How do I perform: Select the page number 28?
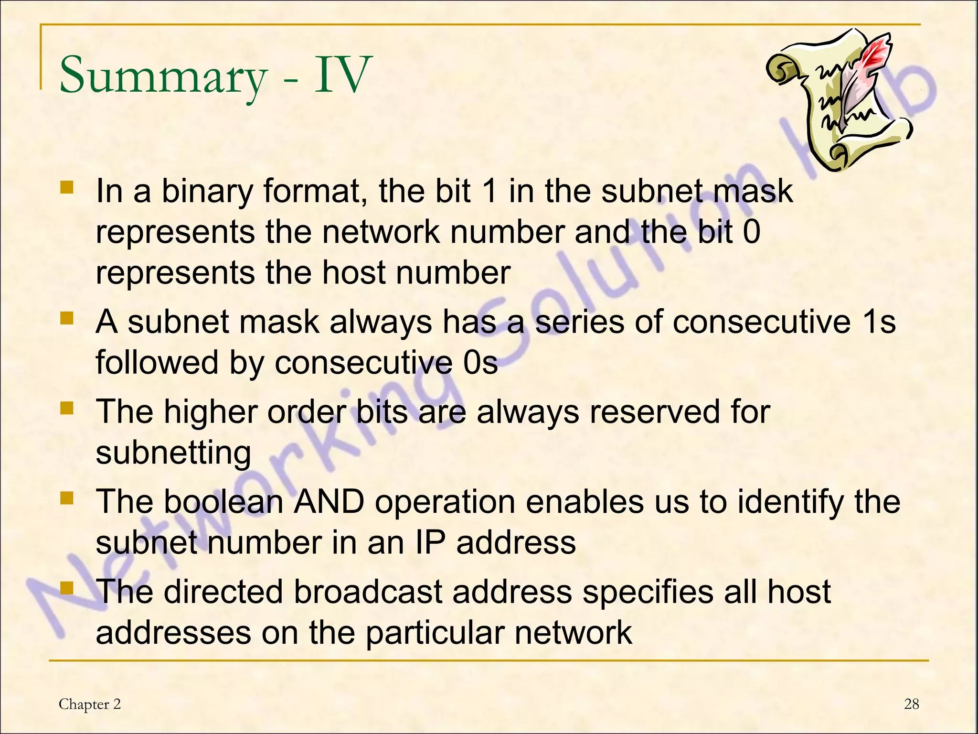(x=911, y=704)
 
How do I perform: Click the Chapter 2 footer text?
(x=90, y=704)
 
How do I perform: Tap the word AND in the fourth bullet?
(x=329, y=502)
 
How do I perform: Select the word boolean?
(x=224, y=502)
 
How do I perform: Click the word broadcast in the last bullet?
(x=368, y=592)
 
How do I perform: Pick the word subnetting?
(x=173, y=453)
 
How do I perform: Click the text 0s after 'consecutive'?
(x=480, y=362)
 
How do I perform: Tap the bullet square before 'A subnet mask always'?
(x=67, y=317)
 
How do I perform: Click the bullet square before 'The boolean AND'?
(x=67, y=498)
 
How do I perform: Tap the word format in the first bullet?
(x=315, y=191)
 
